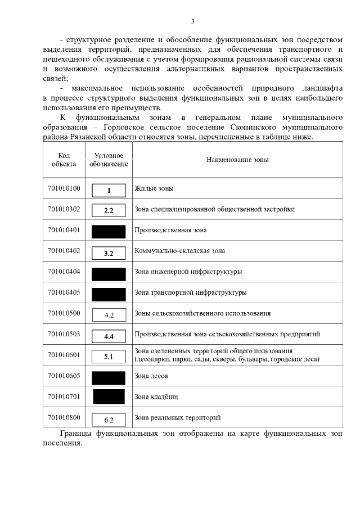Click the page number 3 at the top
point(192,22)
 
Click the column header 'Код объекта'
point(64,160)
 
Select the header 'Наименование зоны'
point(237,160)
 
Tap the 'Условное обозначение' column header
point(109,160)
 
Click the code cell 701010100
point(64,189)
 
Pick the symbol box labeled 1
point(109,190)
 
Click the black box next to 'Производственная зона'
point(109,231)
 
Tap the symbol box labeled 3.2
point(109,253)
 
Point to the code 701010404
point(64,272)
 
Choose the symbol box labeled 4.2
point(109,315)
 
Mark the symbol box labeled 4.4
point(109,336)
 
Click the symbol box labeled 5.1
point(109,357)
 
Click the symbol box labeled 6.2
point(109,420)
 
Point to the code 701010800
point(64,418)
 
